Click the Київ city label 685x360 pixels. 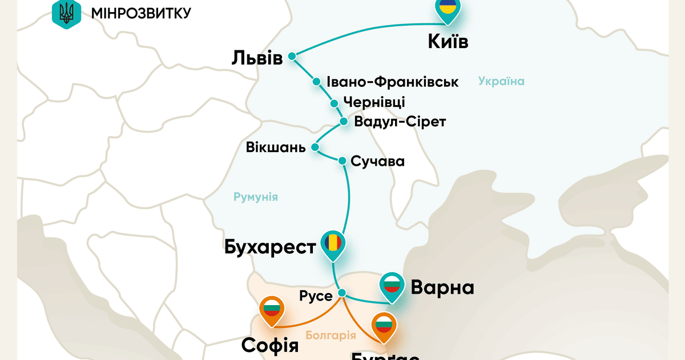point(448,42)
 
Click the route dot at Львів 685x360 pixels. point(292,56)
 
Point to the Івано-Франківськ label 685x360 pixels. point(393,82)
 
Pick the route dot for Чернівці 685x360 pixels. point(335,103)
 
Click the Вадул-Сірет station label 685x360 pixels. point(400,122)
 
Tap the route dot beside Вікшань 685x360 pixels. point(316,147)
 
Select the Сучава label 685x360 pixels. point(378,161)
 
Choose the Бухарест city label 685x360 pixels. point(271,248)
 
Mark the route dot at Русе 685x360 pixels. point(342,293)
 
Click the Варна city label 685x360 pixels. point(442,287)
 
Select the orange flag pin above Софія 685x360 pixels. point(271,311)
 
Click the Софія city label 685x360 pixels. point(270,345)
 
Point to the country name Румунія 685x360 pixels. point(256,197)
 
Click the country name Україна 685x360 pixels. point(501,81)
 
